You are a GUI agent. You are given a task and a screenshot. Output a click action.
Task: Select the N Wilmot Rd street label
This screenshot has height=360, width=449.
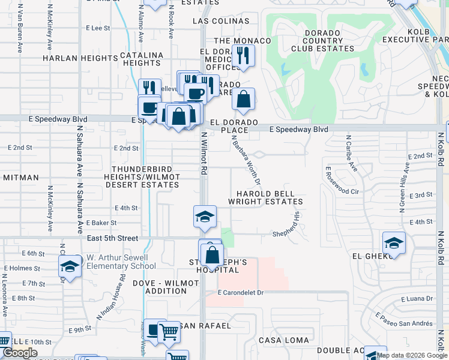coord(204,153)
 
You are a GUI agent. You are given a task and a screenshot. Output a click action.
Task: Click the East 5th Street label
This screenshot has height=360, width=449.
coord(112,238)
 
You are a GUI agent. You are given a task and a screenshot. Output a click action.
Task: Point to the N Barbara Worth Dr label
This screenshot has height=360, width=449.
coord(247,159)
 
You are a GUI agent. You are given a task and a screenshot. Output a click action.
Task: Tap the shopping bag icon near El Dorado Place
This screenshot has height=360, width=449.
coord(243,100)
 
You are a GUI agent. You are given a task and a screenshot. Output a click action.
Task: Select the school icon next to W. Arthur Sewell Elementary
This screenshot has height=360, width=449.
coord(70,266)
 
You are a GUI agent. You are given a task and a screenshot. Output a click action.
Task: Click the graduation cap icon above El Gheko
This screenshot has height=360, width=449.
coord(394,243)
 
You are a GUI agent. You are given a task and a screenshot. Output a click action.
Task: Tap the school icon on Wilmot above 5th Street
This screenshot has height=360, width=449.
coord(205,217)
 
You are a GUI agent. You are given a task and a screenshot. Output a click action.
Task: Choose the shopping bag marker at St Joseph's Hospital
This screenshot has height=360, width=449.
coord(212,254)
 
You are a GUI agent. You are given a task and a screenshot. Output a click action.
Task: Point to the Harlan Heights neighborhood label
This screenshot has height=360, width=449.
coord(80,58)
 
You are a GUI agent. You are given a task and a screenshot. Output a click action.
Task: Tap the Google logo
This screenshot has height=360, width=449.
coord(19,353)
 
